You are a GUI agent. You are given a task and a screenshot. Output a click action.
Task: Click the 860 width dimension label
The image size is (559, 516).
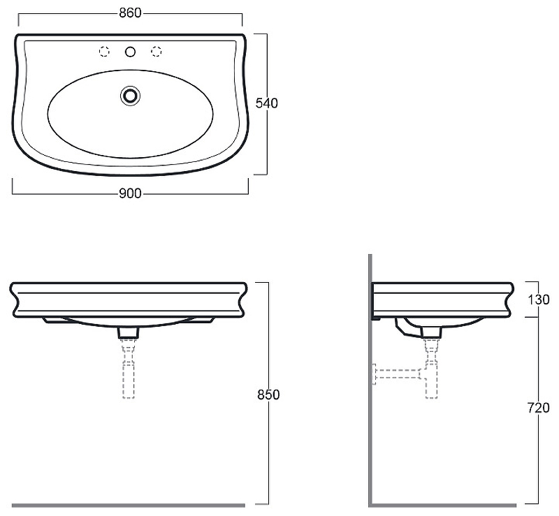[x=130, y=13]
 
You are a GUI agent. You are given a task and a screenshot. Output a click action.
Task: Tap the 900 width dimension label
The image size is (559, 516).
[x=130, y=193]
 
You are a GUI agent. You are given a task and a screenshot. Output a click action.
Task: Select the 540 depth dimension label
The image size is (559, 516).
[x=267, y=103]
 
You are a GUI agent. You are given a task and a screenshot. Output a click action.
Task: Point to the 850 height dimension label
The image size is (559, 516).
[x=268, y=395]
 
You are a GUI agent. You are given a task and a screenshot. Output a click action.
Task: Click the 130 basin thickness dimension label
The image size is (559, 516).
[x=539, y=300]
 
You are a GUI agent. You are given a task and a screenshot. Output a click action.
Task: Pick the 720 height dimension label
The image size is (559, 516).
[x=539, y=408]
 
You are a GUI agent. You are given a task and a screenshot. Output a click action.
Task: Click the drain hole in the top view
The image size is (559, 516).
[x=130, y=96]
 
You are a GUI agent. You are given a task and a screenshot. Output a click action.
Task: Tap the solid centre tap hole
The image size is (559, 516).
[x=130, y=52]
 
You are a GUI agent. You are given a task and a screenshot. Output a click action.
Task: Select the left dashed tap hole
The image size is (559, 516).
[x=104, y=52]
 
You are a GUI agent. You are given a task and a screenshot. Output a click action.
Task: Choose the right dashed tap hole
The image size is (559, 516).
[x=156, y=52]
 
